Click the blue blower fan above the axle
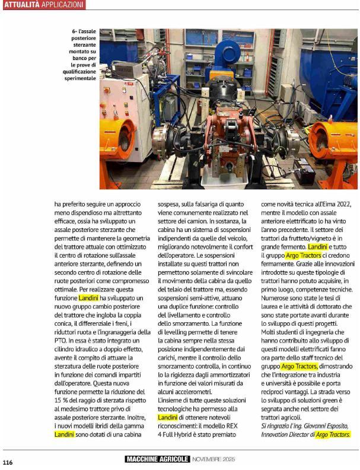227,56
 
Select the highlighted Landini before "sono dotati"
64,435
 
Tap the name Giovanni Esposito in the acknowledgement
319,427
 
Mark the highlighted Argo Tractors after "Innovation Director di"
333,435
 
